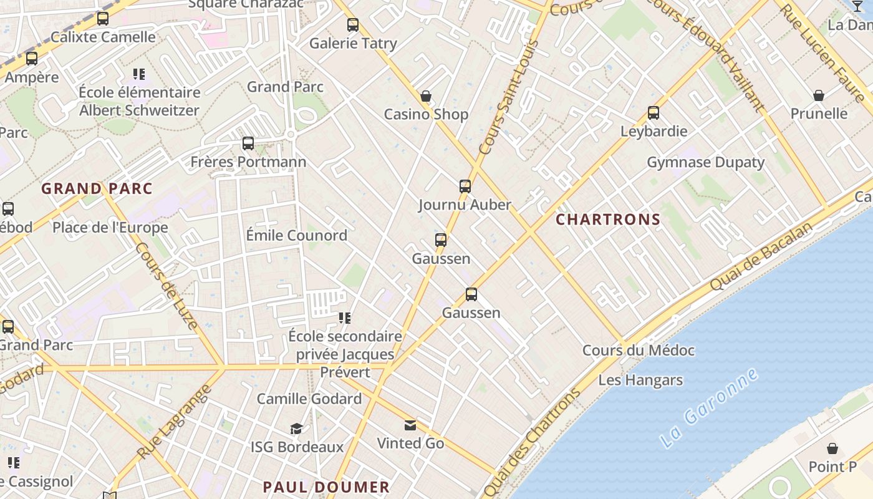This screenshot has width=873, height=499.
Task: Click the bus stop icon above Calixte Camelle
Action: (103, 19)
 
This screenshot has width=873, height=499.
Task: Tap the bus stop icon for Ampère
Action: (32, 59)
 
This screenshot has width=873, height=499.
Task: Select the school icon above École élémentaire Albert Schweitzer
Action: (139, 75)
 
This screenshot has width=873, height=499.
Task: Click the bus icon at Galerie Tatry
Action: (353, 25)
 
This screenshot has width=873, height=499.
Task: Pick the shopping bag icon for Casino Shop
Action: (426, 96)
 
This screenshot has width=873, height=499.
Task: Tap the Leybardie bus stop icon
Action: (654, 113)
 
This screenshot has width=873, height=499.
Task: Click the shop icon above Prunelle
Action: (819, 95)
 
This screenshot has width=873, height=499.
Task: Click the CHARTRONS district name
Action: (607, 220)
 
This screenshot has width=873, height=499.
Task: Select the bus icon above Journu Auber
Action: (465, 186)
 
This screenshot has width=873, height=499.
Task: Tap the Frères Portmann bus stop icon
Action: (248, 143)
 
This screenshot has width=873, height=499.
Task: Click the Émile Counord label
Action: (296, 235)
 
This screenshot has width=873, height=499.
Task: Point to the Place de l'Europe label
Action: (110, 227)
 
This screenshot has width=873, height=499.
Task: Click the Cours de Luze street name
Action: (166, 285)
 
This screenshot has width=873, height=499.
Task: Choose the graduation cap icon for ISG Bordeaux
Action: (297, 429)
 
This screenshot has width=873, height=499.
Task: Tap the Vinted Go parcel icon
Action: (410, 425)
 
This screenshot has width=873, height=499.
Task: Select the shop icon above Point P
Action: (832, 448)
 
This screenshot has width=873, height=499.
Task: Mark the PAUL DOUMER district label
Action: (326, 487)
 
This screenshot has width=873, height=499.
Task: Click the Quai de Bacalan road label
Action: (762, 256)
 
